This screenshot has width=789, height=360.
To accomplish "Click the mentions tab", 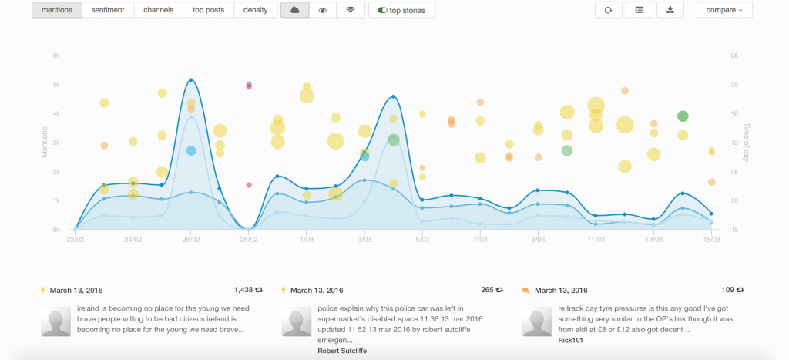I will pyautogui.click(x=57, y=10).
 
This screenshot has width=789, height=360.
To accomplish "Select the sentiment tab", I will pyautogui.click(x=108, y=10).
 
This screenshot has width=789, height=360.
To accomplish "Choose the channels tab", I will pyautogui.click(x=158, y=10).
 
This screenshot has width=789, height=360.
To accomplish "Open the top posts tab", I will pyautogui.click(x=208, y=10).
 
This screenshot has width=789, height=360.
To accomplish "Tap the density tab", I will pyautogui.click(x=255, y=10).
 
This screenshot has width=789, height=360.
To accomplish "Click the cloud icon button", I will pyautogui.click(x=294, y=10).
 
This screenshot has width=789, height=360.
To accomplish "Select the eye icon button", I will pyautogui.click(x=323, y=10).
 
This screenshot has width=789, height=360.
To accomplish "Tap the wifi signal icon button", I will pyautogui.click(x=351, y=10).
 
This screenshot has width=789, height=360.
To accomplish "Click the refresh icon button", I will pyautogui.click(x=608, y=10).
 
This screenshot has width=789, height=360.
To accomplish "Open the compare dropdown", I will pyautogui.click(x=724, y=10).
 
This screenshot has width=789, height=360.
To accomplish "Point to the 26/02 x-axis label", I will pyautogui.click(x=191, y=240).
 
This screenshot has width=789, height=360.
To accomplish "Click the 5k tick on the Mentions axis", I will pyautogui.click(x=55, y=85).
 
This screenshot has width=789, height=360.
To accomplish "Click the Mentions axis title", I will pyautogui.click(x=45, y=143).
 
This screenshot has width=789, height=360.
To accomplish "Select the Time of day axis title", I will pyautogui.click(x=745, y=143).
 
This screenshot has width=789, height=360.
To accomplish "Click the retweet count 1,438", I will pyautogui.click(x=243, y=290).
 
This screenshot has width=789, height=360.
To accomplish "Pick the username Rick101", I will pyautogui.click(x=570, y=338).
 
